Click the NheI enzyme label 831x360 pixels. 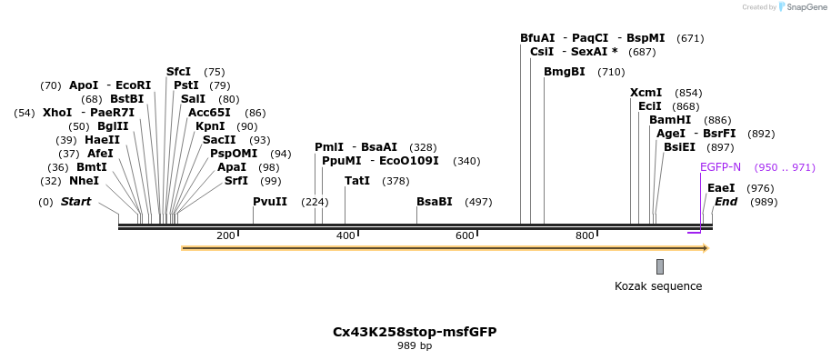84,181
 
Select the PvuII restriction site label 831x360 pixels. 270,202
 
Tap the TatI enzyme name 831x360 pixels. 357,181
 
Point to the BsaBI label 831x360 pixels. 435,202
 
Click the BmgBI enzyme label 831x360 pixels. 565,72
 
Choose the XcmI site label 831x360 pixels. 646,93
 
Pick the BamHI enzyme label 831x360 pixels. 670,120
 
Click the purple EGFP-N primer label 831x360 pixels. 721,167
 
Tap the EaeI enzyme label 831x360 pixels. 721,188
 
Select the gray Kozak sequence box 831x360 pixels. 660,266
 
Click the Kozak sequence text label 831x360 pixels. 658,286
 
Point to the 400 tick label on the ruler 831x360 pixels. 345,236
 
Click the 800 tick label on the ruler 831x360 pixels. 585,236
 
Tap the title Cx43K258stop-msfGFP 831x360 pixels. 415,331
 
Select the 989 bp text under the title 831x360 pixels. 415,346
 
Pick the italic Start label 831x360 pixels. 75,202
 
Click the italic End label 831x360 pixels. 726,202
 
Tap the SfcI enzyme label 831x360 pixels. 179,72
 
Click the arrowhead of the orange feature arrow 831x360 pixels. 705,248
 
